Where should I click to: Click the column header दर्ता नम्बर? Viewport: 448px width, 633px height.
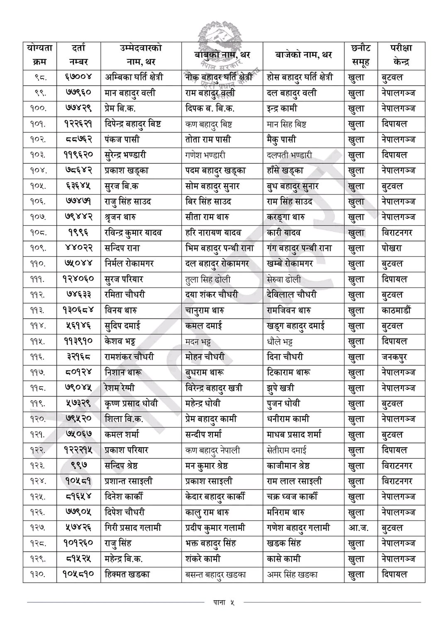78,55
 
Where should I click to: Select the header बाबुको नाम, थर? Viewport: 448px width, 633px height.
222,55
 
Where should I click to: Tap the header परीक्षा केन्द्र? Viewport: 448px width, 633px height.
401,55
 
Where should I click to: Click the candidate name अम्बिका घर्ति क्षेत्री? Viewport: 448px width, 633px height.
134,77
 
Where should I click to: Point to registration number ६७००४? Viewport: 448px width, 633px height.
78,77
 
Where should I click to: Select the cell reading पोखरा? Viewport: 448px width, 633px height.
392,248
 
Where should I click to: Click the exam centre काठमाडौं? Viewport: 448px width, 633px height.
396,310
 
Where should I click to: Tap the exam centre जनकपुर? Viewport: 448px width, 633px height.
394,357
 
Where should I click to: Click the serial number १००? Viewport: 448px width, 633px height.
40,108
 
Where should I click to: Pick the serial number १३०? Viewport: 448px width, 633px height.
40,575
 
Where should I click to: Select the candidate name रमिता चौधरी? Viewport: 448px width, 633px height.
125,295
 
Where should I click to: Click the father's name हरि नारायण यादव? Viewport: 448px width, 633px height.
213,233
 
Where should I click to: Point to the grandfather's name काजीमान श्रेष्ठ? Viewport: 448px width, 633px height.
289,466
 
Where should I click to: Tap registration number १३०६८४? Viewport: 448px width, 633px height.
78,310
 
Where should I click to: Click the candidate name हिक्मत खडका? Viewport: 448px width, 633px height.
127,575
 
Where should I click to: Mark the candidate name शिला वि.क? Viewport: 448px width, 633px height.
124,419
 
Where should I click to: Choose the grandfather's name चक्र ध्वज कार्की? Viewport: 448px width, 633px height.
292,497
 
